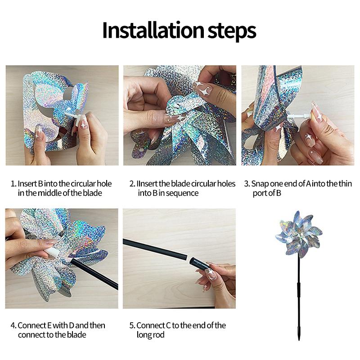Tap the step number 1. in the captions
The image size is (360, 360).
coord(13,184)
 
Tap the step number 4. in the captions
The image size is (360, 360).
coord(13,325)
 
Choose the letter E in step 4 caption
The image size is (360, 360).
coord(49,325)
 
